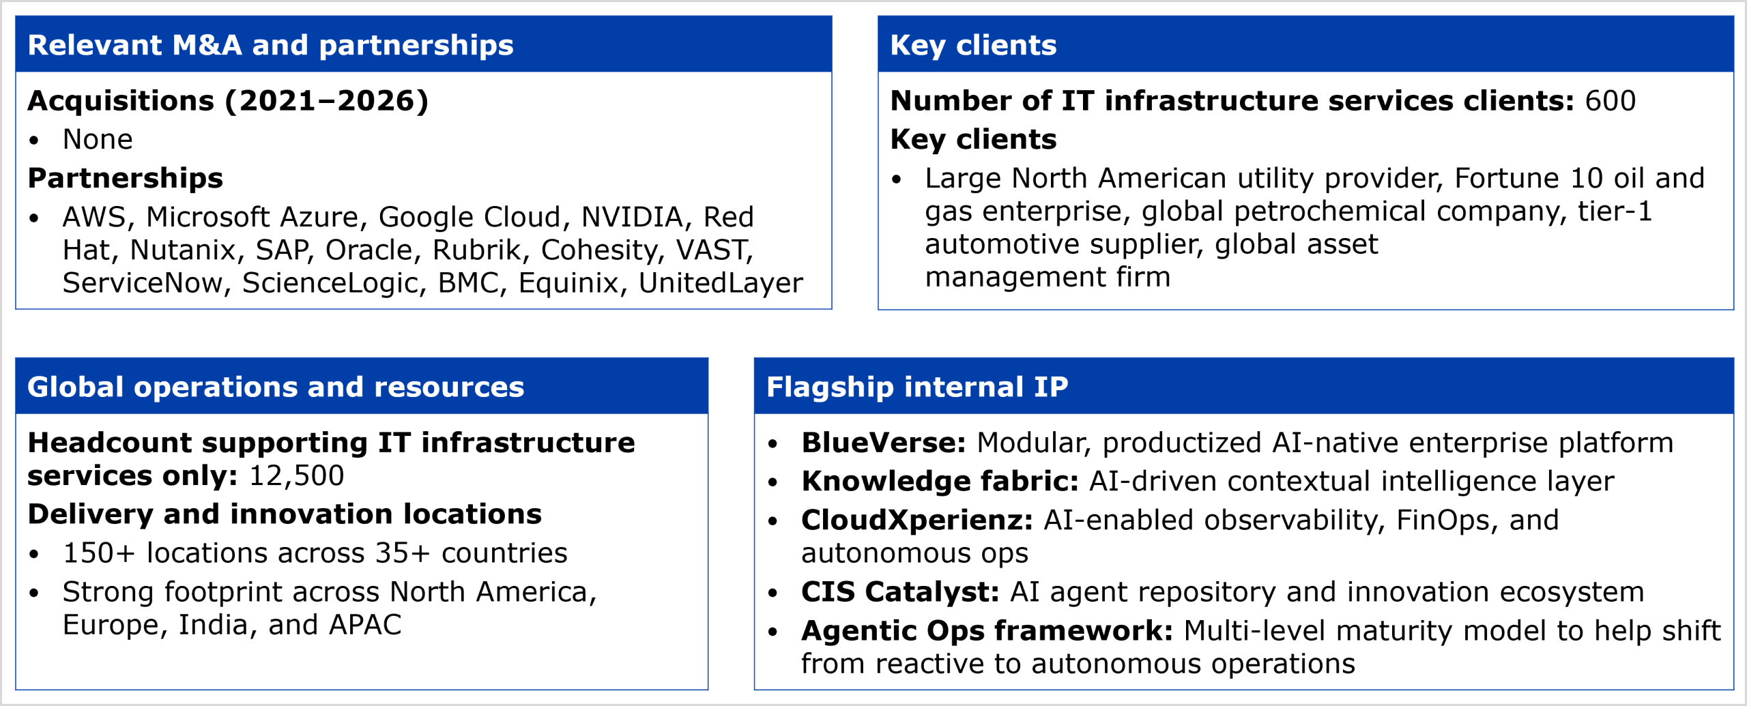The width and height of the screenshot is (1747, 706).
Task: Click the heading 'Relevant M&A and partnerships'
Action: click(x=270, y=46)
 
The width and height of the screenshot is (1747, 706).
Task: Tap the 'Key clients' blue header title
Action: click(x=973, y=46)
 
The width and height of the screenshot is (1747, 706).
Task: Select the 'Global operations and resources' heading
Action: click(x=276, y=387)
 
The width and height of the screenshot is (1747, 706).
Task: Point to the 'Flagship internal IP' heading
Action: click(x=917, y=387)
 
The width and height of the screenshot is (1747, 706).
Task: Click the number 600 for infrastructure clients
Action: click(x=1611, y=101)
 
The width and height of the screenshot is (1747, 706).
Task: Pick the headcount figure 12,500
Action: click(x=297, y=476)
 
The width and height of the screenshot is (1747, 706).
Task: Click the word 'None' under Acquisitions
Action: click(x=98, y=140)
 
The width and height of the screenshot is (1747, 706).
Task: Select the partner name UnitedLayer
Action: click(x=721, y=283)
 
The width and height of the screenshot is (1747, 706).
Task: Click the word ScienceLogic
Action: click(x=330, y=283)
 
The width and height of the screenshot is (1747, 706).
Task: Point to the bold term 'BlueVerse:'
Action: click(x=884, y=443)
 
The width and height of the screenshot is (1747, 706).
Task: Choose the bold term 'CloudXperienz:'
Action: click(x=917, y=520)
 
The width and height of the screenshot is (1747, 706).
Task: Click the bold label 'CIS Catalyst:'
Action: click(x=901, y=592)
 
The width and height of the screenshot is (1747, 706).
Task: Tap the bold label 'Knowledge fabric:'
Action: click(x=940, y=482)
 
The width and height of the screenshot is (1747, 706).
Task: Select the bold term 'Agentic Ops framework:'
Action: click(x=987, y=631)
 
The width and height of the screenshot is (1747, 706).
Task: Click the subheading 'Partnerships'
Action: click(x=125, y=179)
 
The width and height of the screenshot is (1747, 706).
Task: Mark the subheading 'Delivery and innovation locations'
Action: click(x=285, y=514)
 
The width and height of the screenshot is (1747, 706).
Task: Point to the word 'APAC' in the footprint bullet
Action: click(x=365, y=626)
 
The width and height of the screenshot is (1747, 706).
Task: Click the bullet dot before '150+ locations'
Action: click(x=34, y=554)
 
